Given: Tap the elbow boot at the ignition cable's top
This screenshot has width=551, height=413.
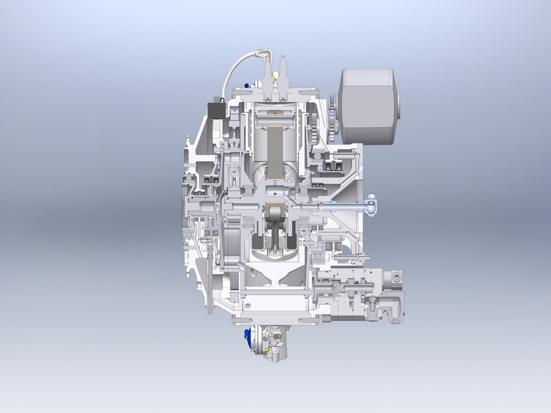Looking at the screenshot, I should tap(263, 55).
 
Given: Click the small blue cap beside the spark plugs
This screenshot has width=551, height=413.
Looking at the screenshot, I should tap(247, 85).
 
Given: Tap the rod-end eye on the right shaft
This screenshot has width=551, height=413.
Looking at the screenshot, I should tap(373, 206).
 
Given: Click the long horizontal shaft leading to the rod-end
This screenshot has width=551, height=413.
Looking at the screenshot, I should tap(342, 206).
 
